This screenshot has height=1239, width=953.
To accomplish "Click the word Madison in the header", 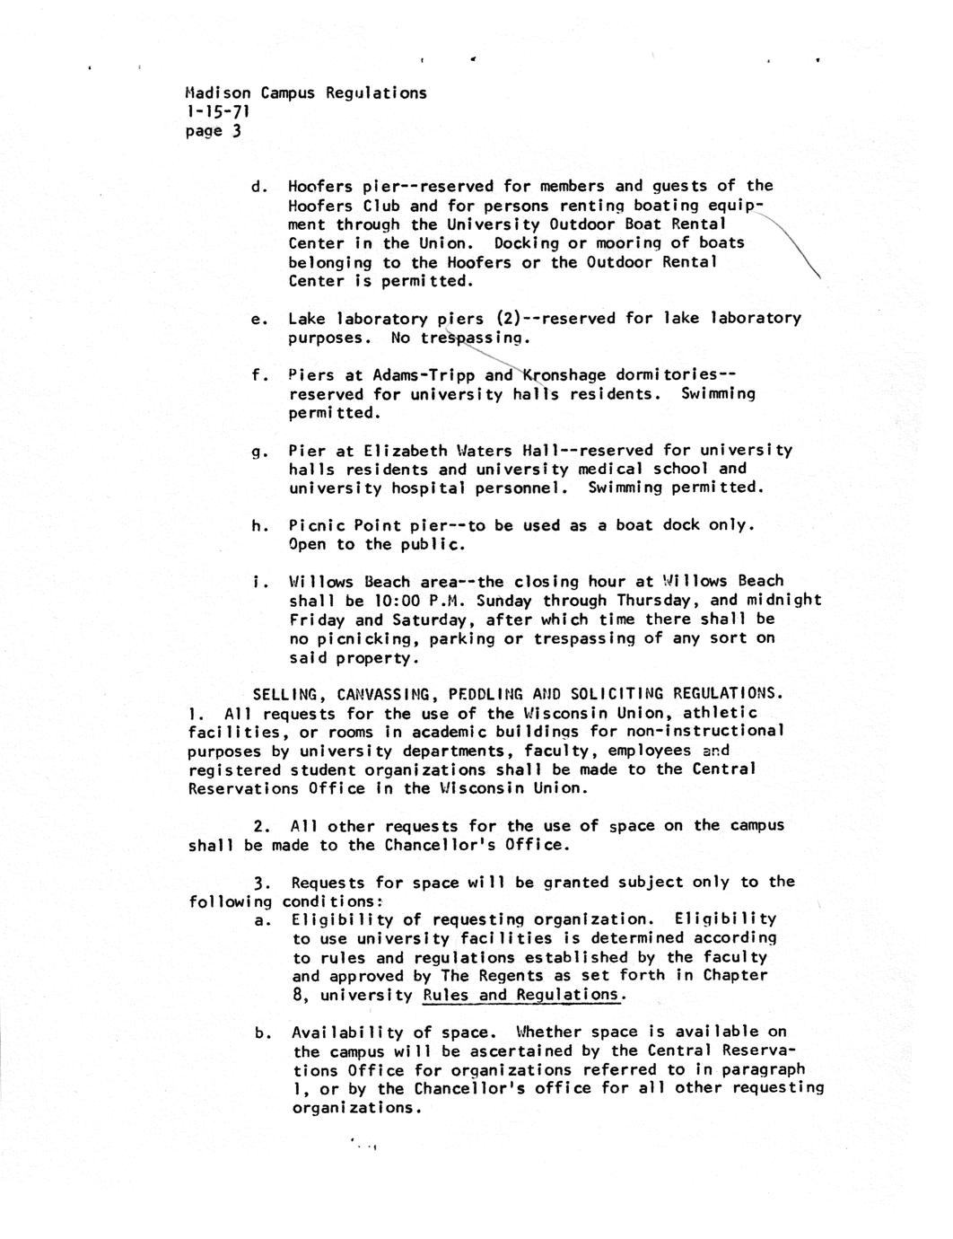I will (x=218, y=92).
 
